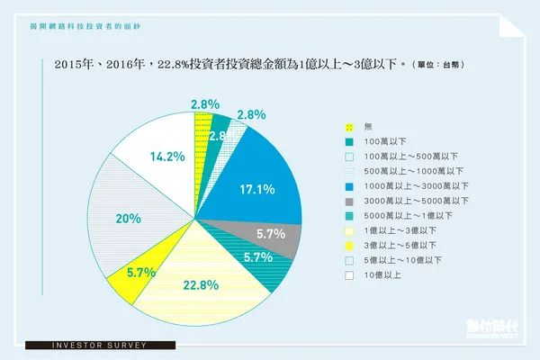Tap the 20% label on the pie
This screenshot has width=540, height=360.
[x=129, y=218]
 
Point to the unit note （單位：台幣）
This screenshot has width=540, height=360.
[x=441, y=67]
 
